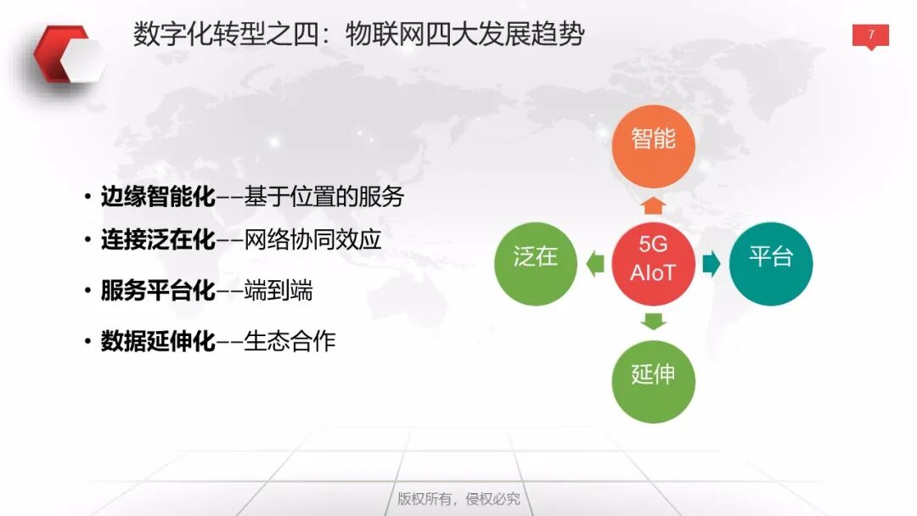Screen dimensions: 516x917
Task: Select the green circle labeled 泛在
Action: pos(536,263)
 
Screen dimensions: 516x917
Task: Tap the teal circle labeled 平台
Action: pos(771,263)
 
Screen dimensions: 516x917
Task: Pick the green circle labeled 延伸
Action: pos(653,380)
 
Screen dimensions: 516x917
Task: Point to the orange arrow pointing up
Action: pos(653,205)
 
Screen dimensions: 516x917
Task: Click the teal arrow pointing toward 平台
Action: pos(712,264)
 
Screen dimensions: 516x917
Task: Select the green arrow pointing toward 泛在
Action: pos(595,264)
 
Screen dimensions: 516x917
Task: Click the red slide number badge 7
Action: pos(870,36)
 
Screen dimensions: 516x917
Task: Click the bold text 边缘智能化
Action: pos(158,198)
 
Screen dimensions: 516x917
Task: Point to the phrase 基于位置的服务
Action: pos(323,198)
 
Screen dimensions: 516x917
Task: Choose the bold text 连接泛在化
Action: pos(158,240)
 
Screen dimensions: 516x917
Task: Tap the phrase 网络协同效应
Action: pos(312,240)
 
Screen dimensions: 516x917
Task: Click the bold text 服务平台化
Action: pos(158,291)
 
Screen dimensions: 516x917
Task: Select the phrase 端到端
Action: pos(278,291)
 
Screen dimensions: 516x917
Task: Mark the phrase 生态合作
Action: pos(290,341)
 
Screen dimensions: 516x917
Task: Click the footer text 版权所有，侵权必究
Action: pos(458,498)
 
